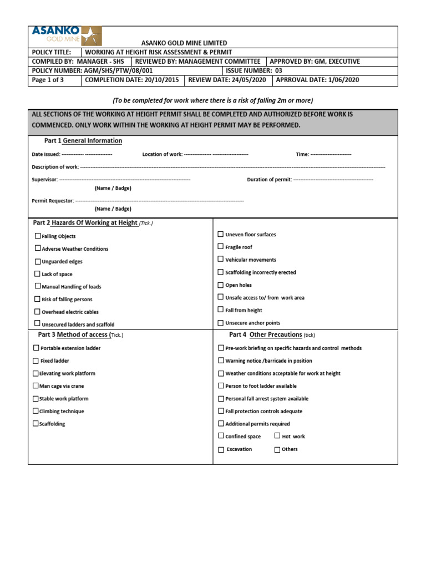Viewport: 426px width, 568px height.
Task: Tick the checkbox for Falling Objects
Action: (x=38, y=236)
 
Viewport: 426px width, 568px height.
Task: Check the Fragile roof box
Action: (x=221, y=246)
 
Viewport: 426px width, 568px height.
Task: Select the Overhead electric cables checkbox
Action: (x=38, y=311)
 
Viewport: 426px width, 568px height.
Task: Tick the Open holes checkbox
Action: (x=221, y=285)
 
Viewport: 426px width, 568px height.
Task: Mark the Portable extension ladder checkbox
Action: (x=37, y=348)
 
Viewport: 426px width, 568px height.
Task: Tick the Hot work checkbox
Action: (x=277, y=436)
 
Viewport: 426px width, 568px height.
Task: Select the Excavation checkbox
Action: (x=221, y=449)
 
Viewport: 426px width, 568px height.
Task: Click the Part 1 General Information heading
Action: (x=83, y=141)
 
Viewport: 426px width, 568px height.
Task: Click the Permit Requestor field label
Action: (x=53, y=200)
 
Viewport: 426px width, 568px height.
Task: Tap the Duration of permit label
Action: (x=269, y=180)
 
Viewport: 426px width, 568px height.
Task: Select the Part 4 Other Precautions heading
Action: (x=266, y=335)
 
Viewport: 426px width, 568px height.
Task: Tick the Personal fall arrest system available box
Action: (x=221, y=398)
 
